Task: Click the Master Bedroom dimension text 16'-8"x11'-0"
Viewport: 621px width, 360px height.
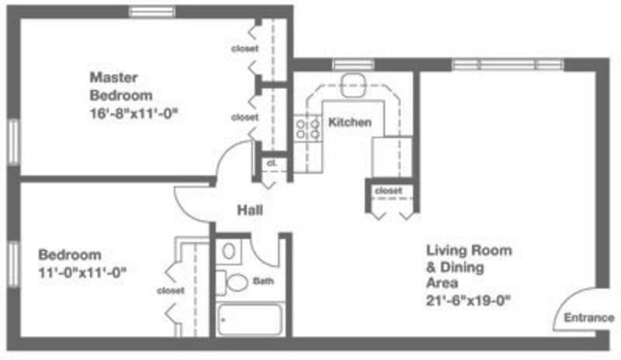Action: [134, 113]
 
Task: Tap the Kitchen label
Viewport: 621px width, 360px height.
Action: [350, 123]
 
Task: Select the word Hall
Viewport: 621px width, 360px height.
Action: [250, 210]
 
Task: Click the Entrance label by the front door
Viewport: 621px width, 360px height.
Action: [589, 317]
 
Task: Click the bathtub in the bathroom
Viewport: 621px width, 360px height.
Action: [250, 320]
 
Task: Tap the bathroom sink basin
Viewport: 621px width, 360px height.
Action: [228, 251]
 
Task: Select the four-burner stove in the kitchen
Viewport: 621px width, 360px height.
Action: [307, 128]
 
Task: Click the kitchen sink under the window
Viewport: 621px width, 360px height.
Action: [353, 85]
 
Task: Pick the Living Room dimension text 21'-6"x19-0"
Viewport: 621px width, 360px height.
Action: [468, 301]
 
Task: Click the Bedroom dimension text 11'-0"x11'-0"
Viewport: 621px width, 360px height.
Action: [82, 272]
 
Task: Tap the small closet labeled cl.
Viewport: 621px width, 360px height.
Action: [272, 162]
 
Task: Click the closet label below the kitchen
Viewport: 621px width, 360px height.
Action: [388, 191]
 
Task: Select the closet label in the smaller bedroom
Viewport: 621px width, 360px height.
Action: [171, 291]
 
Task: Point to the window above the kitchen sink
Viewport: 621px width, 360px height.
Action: [353, 64]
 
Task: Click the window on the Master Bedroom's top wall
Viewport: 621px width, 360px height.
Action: [152, 12]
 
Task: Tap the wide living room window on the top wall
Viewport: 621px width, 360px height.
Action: [508, 64]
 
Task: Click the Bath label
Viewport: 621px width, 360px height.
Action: [263, 281]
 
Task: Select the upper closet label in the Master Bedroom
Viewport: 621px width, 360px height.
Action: [245, 49]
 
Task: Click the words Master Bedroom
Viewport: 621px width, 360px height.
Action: [121, 86]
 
